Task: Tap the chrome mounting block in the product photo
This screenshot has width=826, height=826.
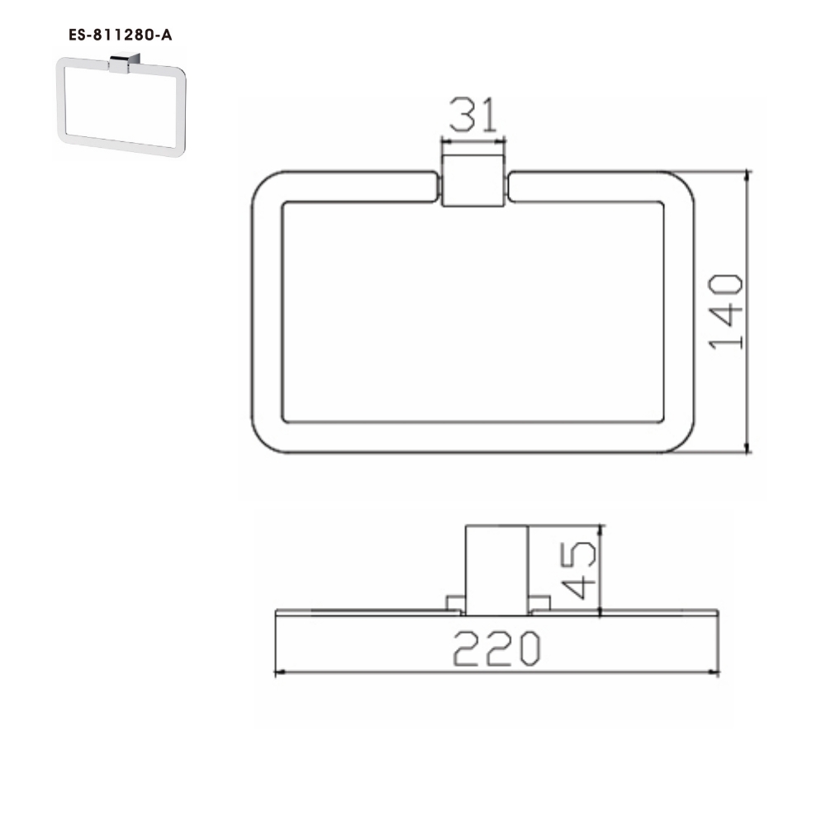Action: pos(124,64)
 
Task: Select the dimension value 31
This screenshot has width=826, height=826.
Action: pos(474,115)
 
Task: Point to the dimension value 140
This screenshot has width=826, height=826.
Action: pos(727,312)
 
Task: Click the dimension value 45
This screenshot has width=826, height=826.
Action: pos(578,570)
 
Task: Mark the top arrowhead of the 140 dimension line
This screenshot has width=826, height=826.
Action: pos(748,176)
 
